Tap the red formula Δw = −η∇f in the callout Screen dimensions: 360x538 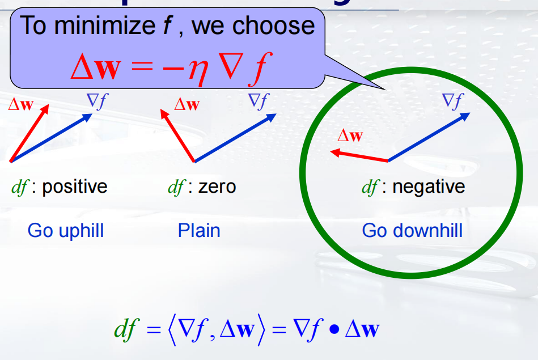coord(168,67)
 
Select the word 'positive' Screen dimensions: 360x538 coord(74,187)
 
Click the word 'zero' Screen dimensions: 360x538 coord(217,187)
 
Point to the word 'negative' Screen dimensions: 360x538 coord(429,187)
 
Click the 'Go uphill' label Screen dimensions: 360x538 coord(66,231)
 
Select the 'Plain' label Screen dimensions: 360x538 coord(199,231)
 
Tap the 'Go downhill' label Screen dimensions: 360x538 coord(412,231)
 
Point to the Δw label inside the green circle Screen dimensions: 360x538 coord(350,135)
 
